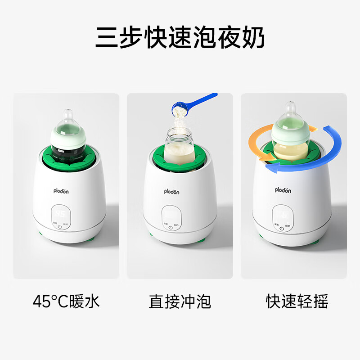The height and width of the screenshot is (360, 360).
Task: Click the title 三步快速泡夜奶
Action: (x=180, y=38)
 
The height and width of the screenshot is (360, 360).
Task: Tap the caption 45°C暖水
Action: (x=66, y=301)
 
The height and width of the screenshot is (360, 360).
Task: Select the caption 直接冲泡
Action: (x=180, y=301)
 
